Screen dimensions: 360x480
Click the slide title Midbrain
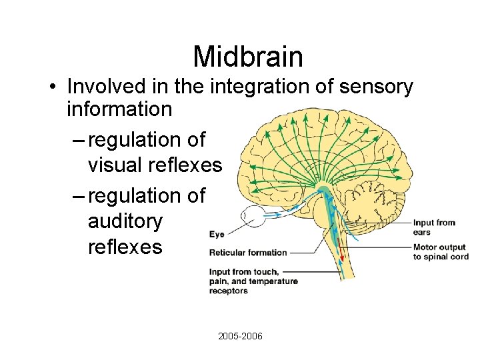pyautogui.click(x=248, y=57)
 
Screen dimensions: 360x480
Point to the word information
pyautogui.click(x=119, y=109)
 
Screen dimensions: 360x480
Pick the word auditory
pyautogui.click(x=125, y=221)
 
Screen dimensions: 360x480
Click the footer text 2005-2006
pyautogui.click(x=240, y=336)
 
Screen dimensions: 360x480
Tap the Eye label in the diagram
pyautogui.click(x=217, y=234)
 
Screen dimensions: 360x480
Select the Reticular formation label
pyautogui.click(x=247, y=253)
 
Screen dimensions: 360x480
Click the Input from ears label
pyautogui.click(x=434, y=227)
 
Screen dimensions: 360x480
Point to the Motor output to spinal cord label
pyautogui.click(x=440, y=253)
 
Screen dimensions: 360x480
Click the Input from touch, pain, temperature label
pyautogui.click(x=253, y=281)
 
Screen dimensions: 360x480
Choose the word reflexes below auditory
pyautogui.click(x=125, y=247)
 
